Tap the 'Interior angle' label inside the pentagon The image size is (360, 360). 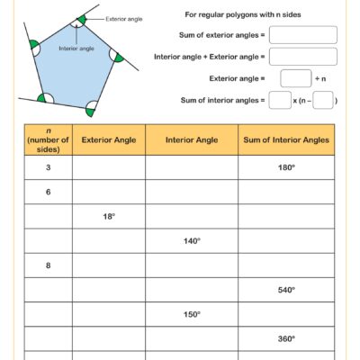pos(76,49)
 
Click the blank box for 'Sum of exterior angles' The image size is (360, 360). pos(302,35)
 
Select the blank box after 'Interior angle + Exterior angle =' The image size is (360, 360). pos(302,57)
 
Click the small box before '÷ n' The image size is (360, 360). pos(295,78)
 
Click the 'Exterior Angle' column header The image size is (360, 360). pos(108,139)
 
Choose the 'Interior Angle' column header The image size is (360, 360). pos(191,139)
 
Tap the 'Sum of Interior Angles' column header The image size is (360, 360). pos(285,139)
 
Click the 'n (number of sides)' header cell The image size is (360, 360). pos(48,139)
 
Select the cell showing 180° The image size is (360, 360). pos(285,167)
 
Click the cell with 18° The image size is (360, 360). pos(108,216)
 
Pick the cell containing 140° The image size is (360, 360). pos(191,241)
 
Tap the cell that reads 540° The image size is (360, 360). pos(285,290)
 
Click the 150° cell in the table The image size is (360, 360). pos(191,314)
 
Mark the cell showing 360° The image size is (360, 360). pos(285,338)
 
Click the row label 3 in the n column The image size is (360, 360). pos(48,167)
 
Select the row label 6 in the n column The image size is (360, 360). pos(48,192)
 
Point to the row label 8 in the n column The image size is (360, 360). pos(48,265)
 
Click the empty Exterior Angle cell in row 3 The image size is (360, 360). pos(108,167)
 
